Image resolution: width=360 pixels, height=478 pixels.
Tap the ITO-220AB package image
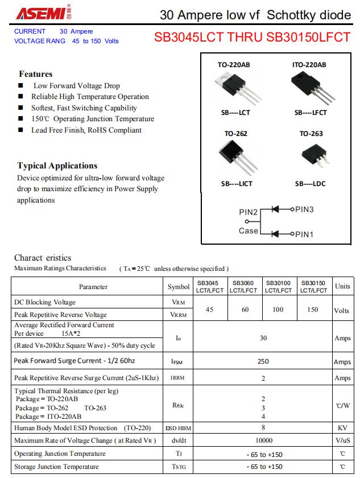pos(309,88)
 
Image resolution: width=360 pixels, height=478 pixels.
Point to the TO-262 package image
pos(235,156)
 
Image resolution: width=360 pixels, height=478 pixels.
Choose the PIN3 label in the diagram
pos(304,209)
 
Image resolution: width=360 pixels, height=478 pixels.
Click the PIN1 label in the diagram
pos(304,234)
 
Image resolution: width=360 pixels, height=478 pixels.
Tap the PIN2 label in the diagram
pos(248,212)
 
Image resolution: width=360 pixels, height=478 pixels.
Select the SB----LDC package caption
pos(310,184)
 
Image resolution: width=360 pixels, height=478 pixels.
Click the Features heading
pos(35,74)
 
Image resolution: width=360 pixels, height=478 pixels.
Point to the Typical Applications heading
pos(57,166)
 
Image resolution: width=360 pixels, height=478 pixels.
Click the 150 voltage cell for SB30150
pos(313,310)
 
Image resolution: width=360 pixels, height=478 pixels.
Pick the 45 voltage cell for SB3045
pos(209,310)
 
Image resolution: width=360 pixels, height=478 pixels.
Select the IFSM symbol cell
pos(177,362)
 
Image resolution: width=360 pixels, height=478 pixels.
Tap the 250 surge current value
pos(263,361)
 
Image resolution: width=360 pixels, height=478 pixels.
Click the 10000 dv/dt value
pos(264,440)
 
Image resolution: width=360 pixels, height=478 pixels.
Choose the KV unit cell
pos(342,427)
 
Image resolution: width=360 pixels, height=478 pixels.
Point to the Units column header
pos(342,286)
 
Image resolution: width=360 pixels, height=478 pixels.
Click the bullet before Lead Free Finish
pos(20,130)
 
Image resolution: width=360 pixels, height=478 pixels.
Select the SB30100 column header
pos(279,286)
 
